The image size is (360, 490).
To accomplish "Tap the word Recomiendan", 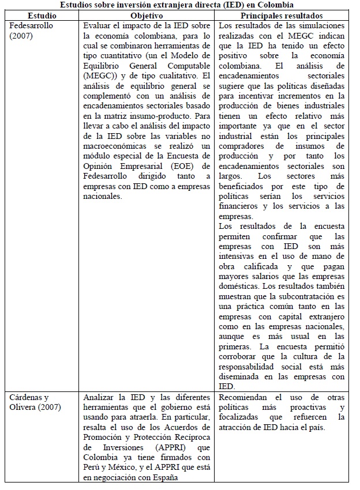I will (245, 398).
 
